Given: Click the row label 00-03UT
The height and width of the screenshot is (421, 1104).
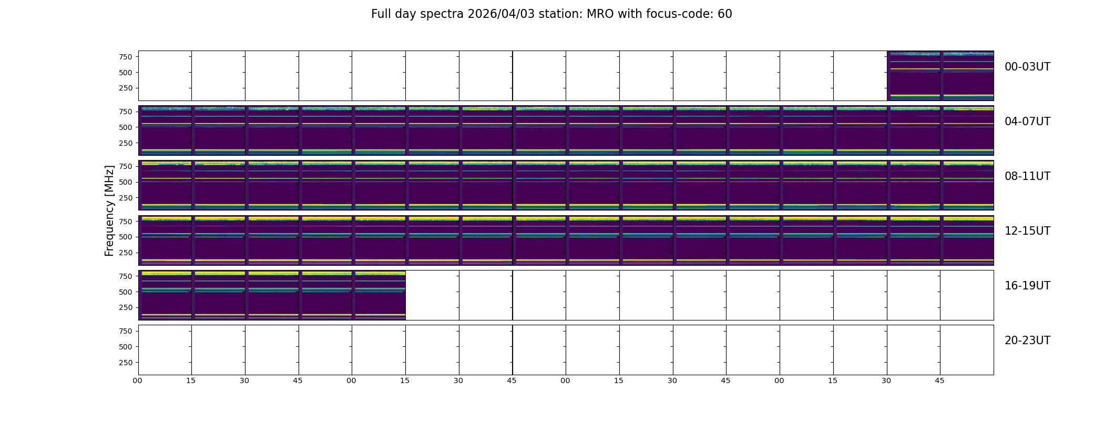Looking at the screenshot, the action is tap(1027, 67).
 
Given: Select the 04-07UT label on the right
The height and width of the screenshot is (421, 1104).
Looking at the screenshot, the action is tap(1027, 122).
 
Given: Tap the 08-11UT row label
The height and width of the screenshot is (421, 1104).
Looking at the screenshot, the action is tap(1027, 176).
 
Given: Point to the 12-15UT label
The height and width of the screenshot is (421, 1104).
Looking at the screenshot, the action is tap(1027, 231).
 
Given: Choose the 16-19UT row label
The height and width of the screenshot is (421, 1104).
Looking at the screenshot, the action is tap(1027, 286).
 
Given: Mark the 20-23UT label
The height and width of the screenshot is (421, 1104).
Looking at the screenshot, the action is tap(1027, 340).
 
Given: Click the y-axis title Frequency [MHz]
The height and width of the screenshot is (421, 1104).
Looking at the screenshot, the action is tap(109, 210).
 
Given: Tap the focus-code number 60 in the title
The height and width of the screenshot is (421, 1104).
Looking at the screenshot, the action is tap(725, 14).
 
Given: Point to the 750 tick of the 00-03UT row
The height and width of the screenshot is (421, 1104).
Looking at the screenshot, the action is tap(126, 57).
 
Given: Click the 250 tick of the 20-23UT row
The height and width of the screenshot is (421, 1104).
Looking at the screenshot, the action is tap(126, 363).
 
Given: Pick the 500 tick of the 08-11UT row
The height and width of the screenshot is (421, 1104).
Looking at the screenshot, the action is tap(126, 182).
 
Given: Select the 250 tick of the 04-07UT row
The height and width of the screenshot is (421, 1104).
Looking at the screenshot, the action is tap(126, 143).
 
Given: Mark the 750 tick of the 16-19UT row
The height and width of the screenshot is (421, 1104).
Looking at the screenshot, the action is tap(126, 276).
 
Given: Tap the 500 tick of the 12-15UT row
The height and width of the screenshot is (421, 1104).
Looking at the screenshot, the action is tap(126, 237).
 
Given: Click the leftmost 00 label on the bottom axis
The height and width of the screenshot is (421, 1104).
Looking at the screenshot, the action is tap(138, 381).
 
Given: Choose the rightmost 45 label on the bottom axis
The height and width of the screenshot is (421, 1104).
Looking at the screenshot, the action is tap(939, 381).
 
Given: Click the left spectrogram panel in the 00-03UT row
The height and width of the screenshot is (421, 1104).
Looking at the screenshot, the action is tap(914, 76).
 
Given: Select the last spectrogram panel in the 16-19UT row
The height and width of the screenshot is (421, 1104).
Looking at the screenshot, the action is tap(379, 295).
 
